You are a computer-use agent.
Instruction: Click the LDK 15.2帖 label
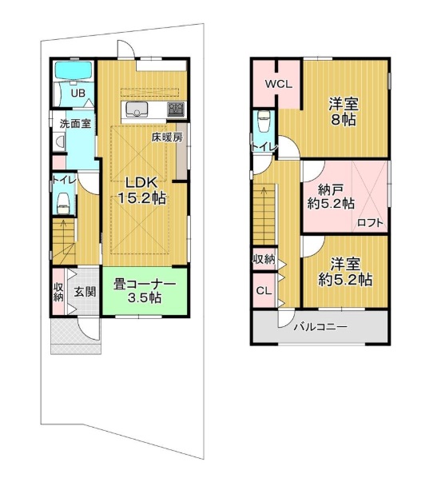(x=141, y=190)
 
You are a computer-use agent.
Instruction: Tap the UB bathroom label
(x=78, y=93)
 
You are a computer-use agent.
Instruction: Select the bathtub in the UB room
(x=73, y=71)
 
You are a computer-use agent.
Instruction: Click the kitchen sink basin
(x=135, y=110)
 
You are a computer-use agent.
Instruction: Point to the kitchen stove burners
(x=176, y=110)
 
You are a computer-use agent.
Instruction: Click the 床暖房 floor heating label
(x=167, y=137)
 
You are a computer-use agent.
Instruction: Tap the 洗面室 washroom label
(x=75, y=124)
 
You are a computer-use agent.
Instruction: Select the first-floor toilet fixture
(x=64, y=204)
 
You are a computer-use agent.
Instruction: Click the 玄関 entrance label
(x=85, y=292)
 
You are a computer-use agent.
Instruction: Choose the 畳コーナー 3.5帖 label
(x=145, y=290)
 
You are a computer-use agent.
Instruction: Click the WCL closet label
(x=279, y=84)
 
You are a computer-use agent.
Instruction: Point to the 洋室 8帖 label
(x=344, y=112)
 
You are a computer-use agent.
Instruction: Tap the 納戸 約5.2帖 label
(x=331, y=197)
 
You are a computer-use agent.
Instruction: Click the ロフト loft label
(x=371, y=222)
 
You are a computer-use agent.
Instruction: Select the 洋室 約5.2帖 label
(x=345, y=272)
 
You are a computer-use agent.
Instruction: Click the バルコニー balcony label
(x=320, y=326)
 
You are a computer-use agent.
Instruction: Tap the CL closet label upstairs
(x=264, y=291)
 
